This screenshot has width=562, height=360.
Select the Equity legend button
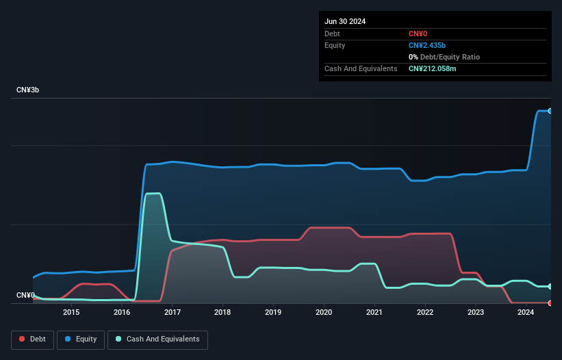pyautogui.click(x=81, y=339)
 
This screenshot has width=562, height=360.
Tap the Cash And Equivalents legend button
pyautogui.click(x=157, y=339)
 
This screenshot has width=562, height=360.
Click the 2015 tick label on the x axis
pyautogui.click(x=71, y=313)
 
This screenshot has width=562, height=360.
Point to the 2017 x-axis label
pyautogui.click(x=173, y=313)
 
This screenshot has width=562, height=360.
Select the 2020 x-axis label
pyautogui.click(x=324, y=313)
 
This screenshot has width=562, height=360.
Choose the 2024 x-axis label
pyautogui.click(x=526, y=313)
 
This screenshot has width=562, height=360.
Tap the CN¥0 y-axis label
pyautogui.click(x=25, y=295)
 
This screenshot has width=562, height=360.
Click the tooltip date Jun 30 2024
pyautogui.click(x=345, y=21)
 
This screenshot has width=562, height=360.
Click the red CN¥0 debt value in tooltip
pyautogui.click(x=418, y=34)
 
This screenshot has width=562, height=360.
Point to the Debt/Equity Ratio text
pyautogui.click(x=448, y=57)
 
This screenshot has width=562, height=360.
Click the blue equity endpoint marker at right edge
pyautogui.click(x=550, y=111)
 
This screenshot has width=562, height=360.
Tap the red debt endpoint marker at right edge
pyautogui.click(x=550, y=303)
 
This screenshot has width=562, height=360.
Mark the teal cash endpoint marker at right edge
pyautogui.click(x=550, y=286)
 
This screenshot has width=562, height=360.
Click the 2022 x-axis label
pyautogui.click(x=425, y=313)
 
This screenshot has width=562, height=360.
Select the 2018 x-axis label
pyautogui.click(x=222, y=313)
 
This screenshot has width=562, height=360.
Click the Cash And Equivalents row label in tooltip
pyautogui.click(x=361, y=69)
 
